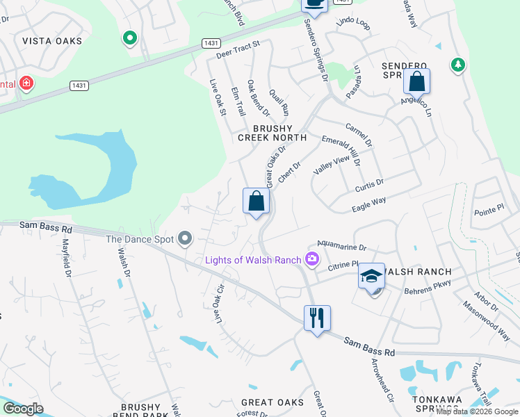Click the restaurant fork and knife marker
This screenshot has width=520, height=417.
point(317,318)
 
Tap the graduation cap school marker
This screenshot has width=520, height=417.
point(372,276)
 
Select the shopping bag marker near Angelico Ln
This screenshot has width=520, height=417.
point(416,81)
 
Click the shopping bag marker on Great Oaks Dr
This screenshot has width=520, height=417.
point(257,202)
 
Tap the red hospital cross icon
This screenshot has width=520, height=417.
point(26,84)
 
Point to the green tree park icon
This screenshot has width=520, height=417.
point(457,65)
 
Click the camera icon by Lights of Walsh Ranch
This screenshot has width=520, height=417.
point(312,260)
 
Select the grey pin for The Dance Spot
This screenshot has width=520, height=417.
point(184,239)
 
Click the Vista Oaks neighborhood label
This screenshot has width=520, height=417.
point(52,41)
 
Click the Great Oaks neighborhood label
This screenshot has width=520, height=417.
point(273,402)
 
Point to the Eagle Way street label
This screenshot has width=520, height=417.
point(369,202)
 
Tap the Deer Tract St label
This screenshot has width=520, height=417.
point(238,48)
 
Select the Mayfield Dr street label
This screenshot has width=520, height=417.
point(67,259)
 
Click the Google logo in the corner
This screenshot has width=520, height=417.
point(23,409)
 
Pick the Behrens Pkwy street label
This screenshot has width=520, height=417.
point(428,286)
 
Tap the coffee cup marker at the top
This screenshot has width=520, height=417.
point(314,3)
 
